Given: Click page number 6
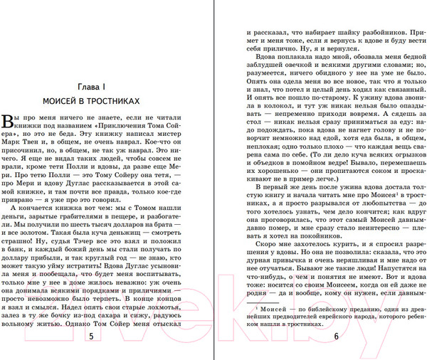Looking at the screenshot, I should click(335, 337).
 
